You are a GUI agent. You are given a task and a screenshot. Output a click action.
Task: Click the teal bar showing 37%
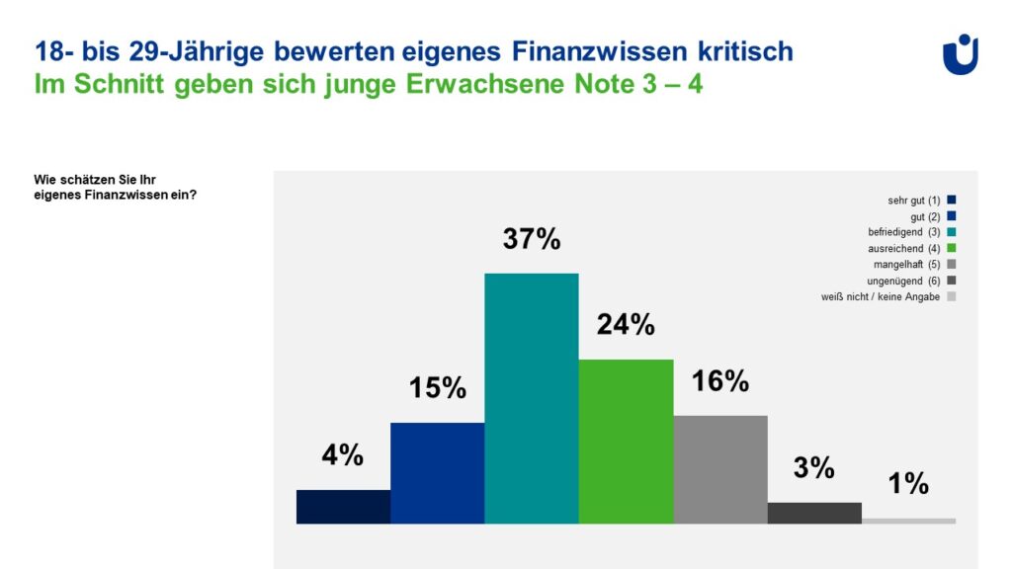(x=531, y=398)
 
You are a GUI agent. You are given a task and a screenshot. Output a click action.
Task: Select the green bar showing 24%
(x=626, y=442)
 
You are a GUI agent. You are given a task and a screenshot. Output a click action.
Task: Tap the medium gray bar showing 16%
(x=719, y=469)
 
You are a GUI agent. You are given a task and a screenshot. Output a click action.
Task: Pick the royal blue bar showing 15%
(x=437, y=473)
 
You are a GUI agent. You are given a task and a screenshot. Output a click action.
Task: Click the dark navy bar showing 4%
(x=343, y=507)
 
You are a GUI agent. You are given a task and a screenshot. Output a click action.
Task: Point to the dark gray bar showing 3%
(x=814, y=513)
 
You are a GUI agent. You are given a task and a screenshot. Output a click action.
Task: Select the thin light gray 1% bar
(x=908, y=521)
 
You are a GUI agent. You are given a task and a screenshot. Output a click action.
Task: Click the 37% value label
(x=532, y=240)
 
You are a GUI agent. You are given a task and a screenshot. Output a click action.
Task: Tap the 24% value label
(x=626, y=325)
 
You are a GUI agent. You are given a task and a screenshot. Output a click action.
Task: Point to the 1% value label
(x=908, y=484)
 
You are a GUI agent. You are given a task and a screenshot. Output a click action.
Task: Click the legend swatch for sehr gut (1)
(x=951, y=201)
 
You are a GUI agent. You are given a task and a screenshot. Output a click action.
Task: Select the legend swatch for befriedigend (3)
(x=951, y=232)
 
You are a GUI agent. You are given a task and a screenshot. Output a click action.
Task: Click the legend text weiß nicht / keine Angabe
(x=881, y=296)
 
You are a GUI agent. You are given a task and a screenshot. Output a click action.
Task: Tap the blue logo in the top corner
(x=961, y=54)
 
